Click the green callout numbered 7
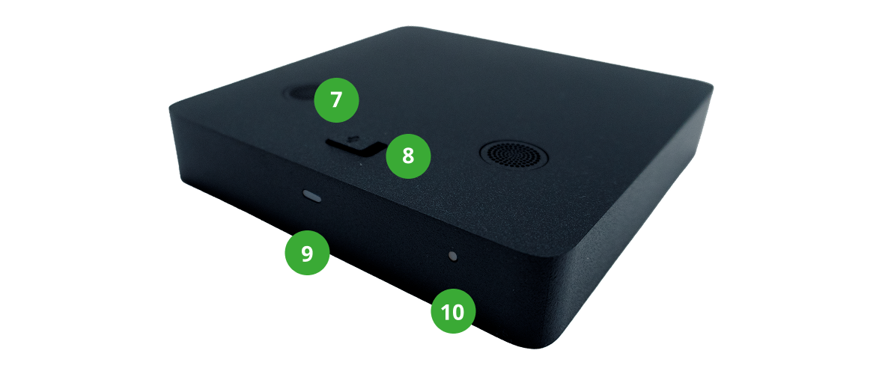coord(336,100)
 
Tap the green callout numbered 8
coord(408,156)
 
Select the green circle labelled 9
coord(307,253)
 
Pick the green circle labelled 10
coord(453,311)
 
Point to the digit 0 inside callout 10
coord(458,311)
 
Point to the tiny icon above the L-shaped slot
coord(355,137)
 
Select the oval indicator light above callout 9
coord(312,197)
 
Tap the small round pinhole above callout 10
coord(453,256)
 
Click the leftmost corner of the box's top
coord(171,107)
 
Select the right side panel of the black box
coord(636,215)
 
